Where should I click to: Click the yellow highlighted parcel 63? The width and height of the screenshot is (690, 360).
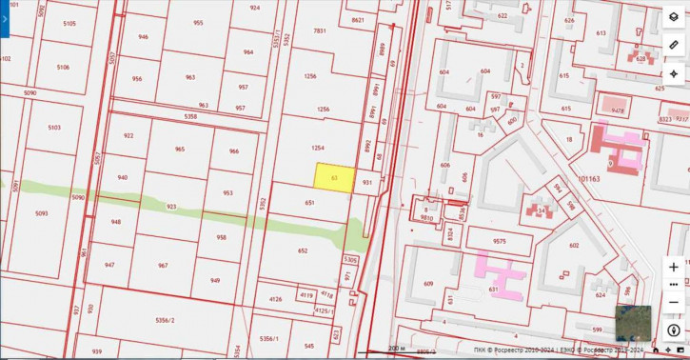tap(335, 177)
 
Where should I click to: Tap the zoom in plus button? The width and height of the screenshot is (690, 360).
tap(674, 268)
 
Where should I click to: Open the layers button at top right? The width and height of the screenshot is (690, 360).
tap(674, 18)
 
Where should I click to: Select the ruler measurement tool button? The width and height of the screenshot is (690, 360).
tap(674, 46)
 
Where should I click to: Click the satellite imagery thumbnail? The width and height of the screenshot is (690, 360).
tap(632, 324)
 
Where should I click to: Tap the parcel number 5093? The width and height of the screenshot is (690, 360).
tap(41, 213)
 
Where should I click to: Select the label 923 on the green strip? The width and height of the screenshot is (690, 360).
tap(171, 206)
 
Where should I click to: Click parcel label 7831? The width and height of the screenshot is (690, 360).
tap(320, 30)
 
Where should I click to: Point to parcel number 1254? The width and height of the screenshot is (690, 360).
tap(318, 148)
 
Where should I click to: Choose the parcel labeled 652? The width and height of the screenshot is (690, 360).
tap(303, 250)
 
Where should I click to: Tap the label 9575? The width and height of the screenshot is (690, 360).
tap(499, 241)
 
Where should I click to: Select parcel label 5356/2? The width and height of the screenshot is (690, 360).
tap(166, 319)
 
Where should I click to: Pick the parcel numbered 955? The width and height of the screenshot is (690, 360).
tap(198, 23)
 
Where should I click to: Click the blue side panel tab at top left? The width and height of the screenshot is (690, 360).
tap(4, 18)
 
